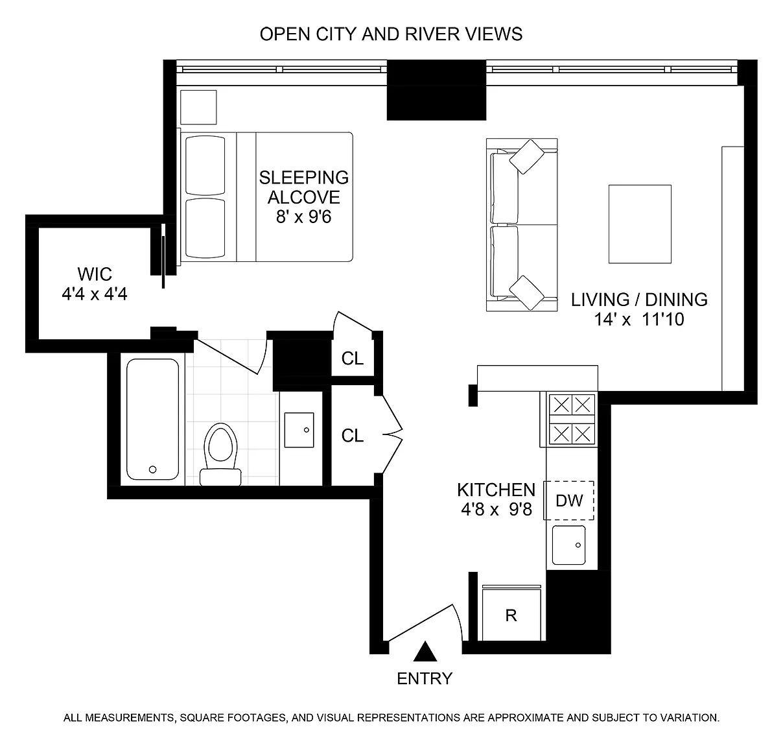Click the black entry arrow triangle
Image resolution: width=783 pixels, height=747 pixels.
point(425,652)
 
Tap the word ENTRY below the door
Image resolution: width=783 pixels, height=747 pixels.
point(425,678)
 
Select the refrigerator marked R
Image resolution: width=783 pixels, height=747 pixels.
point(511,613)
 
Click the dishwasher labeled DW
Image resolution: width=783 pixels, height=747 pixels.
point(569,501)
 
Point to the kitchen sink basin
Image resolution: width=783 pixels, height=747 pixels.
point(568,545)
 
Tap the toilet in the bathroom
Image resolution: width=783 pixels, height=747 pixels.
point(220,454)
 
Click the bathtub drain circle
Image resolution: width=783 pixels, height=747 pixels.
point(152,469)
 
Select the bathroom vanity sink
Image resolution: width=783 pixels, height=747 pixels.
point(299,430)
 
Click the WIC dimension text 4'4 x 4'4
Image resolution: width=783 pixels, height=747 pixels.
point(95,294)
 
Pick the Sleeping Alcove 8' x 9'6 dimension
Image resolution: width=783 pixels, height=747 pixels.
point(304,217)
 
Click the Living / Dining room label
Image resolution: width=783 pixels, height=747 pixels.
point(639,300)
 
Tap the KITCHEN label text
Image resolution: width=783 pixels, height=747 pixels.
point(497,490)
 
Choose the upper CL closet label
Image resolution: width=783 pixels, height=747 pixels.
point(353,359)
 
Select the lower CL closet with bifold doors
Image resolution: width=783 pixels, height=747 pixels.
point(353,436)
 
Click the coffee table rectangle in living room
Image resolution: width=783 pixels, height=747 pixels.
point(640,224)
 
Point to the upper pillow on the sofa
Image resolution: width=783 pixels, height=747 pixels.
point(527,156)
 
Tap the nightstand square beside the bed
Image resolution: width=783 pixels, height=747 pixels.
point(198,107)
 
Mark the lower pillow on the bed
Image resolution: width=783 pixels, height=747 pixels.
point(205,228)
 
